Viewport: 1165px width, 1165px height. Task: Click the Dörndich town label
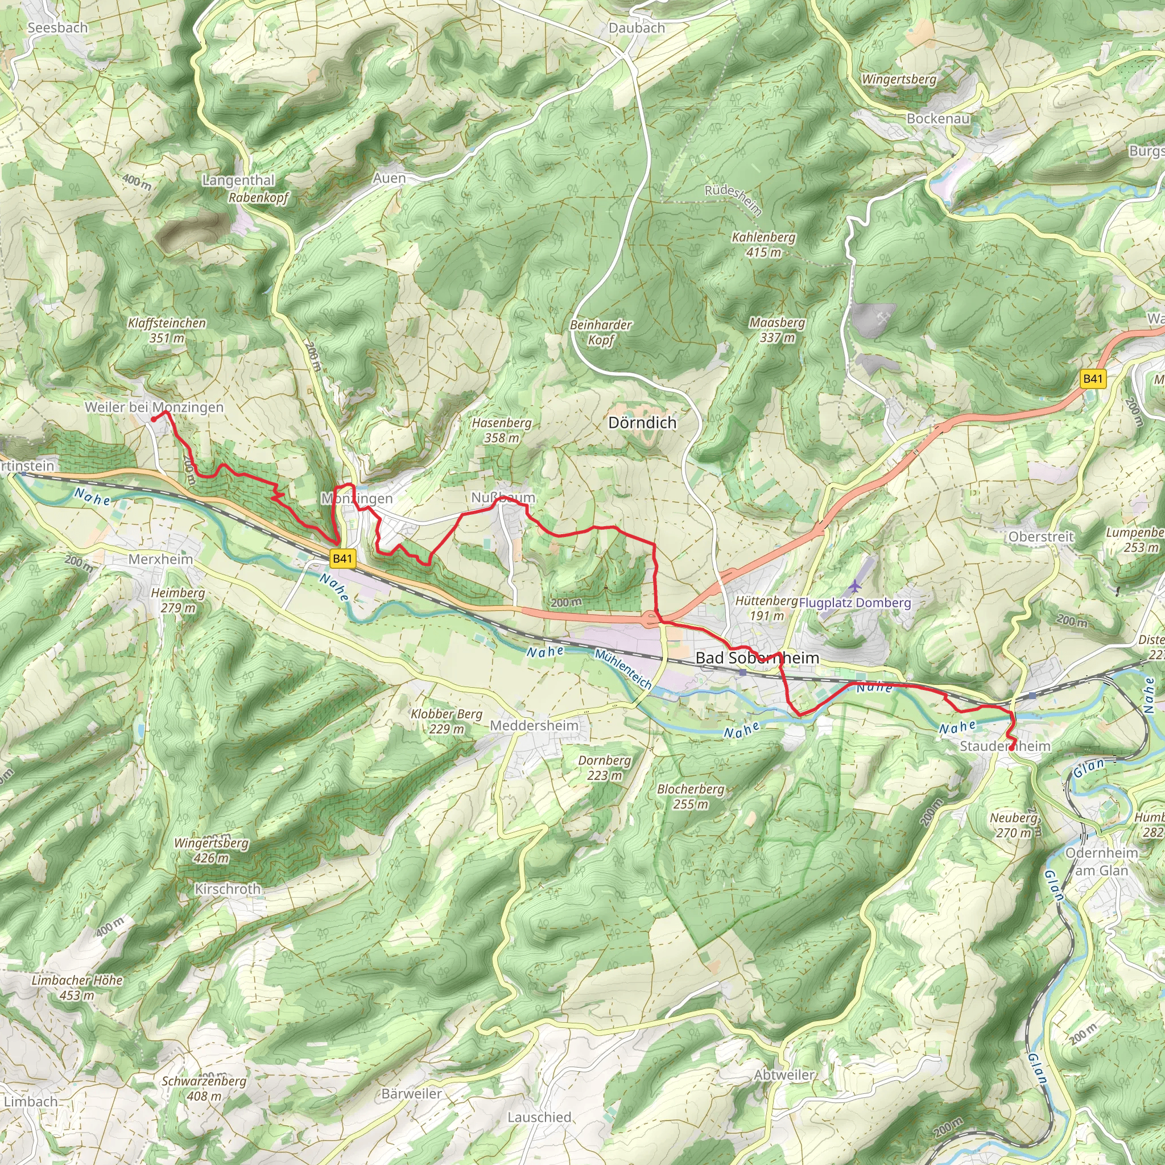pyautogui.click(x=642, y=423)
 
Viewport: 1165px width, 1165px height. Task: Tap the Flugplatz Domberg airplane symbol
pyautogui.click(x=854, y=585)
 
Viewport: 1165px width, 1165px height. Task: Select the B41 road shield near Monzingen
pyautogui.click(x=342, y=559)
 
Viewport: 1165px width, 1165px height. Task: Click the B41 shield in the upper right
pyautogui.click(x=1093, y=379)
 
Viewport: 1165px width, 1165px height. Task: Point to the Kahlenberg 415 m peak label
pyautogui.click(x=763, y=245)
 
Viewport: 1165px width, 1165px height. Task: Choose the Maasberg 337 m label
pyautogui.click(x=777, y=330)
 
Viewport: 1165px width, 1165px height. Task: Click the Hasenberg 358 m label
pyautogui.click(x=502, y=430)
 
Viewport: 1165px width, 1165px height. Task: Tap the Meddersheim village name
pyautogui.click(x=534, y=725)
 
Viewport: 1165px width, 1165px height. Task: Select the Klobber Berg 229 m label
pyautogui.click(x=446, y=721)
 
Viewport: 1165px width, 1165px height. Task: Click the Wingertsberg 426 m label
pyautogui.click(x=211, y=850)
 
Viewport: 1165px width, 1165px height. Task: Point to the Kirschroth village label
pyautogui.click(x=228, y=889)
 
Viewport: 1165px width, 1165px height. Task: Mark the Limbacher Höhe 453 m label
pyautogui.click(x=77, y=988)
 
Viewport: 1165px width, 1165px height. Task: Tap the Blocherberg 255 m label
pyautogui.click(x=691, y=796)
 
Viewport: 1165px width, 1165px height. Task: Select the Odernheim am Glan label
pyautogui.click(x=1102, y=862)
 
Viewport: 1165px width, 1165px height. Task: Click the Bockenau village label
pyautogui.click(x=938, y=119)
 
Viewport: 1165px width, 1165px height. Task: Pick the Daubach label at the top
pyautogui.click(x=637, y=28)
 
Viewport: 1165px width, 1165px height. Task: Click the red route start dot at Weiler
pyautogui.click(x=154, y=419)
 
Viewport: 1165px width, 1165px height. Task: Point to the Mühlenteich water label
pyautogui.click(x=623, y=670)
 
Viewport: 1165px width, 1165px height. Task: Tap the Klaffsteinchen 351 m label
pyautogui.click(x=167, y=331)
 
